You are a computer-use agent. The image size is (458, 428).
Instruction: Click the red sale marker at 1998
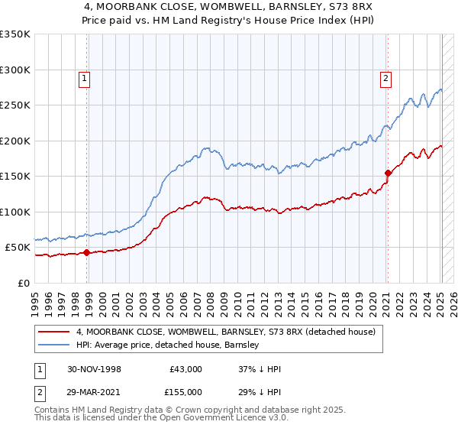(x=87, y=252)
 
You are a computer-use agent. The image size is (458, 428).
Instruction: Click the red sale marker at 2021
(x=388, y=173)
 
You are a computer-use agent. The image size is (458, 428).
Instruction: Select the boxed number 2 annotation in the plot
(x=386, y=77)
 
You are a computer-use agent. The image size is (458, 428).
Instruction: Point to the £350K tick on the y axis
(x=15, y=34)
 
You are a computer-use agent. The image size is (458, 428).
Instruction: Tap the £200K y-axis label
(x=15, y=141)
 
